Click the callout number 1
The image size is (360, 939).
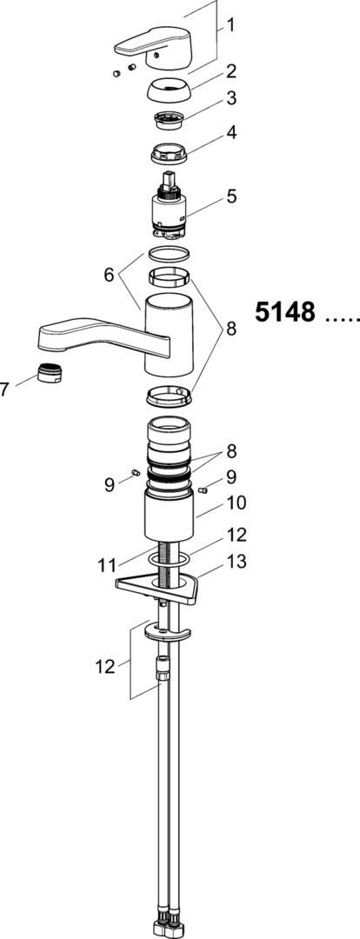point(230,26)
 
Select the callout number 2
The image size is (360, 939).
point(230,72)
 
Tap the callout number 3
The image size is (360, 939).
point(230,98)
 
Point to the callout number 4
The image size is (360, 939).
point(230,132)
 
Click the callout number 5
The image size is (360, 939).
point(230,196)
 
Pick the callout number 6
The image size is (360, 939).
point(109,275)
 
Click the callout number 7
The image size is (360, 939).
point(5,390)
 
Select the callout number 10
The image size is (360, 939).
point(234,502)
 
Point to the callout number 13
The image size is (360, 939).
point(234,562)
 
